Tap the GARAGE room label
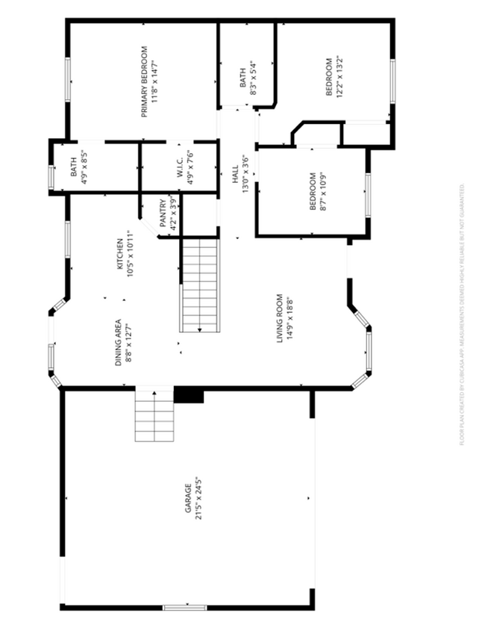click(189, 499)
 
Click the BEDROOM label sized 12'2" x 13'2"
click(328, 77)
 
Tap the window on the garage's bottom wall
click(185, 607)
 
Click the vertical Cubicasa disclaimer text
click(463, 314)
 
